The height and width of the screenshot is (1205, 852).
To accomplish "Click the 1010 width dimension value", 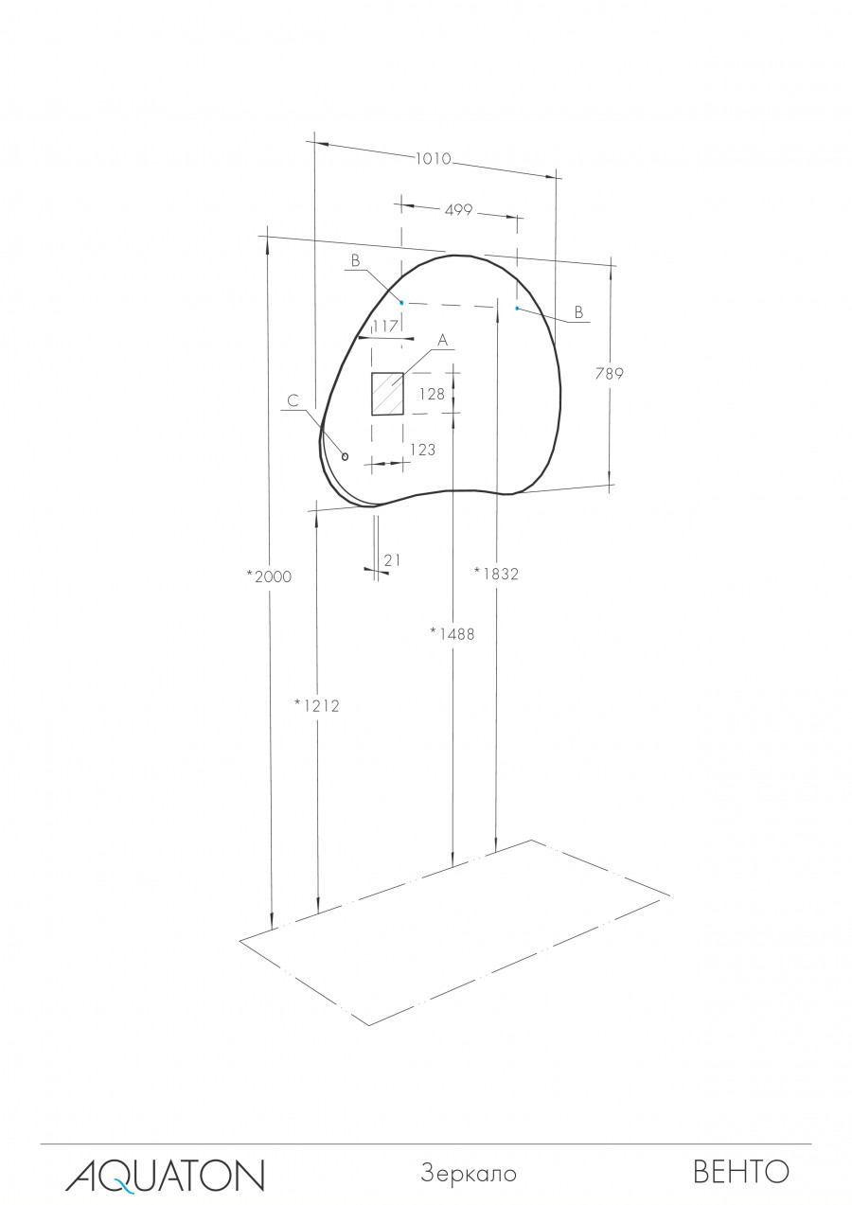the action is (x=433, y=159).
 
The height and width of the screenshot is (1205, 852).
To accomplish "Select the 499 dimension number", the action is (x=458, y=210).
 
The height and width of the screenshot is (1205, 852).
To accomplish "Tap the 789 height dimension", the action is (x=609, y=373).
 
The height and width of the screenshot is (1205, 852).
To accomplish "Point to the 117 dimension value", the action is (x=384, y=326).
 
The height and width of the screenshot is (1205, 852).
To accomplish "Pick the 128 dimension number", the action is (x=432, y=395).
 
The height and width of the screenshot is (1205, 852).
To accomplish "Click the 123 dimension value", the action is (x=422, y=450).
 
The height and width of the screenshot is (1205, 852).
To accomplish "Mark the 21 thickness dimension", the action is (x=392, y=560).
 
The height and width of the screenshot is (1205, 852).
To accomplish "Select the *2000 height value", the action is (x=269, y=576).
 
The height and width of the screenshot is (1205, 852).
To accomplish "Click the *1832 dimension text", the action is (x=496, y=574).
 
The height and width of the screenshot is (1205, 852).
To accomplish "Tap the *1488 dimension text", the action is (x=453, y=634).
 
